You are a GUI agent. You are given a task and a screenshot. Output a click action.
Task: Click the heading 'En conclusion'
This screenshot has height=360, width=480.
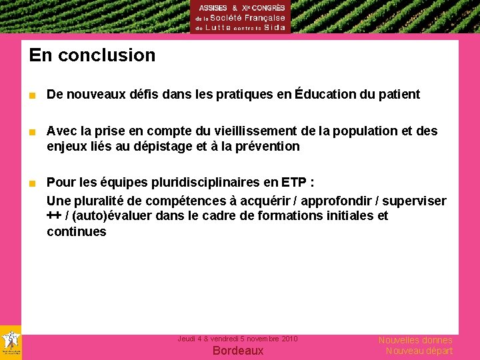(92, 55)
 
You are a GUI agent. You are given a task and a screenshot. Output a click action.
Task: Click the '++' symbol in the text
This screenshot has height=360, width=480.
(53, 216)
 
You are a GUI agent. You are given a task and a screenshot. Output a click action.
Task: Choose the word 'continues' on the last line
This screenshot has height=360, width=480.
(76, 232)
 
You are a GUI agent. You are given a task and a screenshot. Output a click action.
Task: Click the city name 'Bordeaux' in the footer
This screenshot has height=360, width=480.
(238, 351)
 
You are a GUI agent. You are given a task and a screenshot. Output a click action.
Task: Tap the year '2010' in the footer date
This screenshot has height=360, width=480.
(289, 339)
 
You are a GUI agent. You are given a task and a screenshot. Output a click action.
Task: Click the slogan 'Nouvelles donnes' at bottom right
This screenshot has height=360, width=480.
(415, 340)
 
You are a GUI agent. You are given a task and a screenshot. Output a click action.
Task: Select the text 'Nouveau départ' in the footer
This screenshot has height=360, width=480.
(419, 351)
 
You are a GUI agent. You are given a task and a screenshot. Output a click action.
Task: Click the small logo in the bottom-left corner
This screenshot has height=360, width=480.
(11, 343)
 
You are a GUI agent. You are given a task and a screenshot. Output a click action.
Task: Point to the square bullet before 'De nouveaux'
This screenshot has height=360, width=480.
(31, 95)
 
